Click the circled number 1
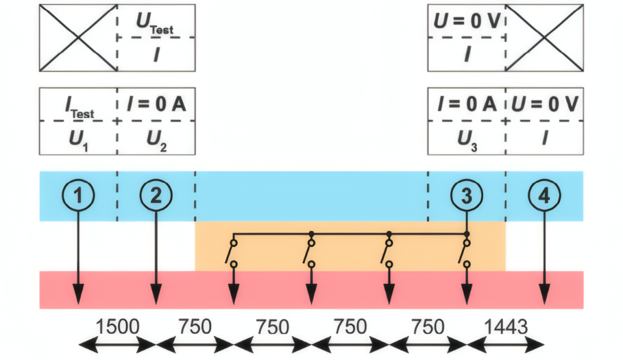(x=78, y=196)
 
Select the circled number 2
(x=156, y=196)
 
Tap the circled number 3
(x=467, y=196)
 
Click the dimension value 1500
(x=117, y=327)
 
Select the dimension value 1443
(x=505, y=327)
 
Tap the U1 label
(x=78, y=140)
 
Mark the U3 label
(x=467, y=140)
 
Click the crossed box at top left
(x=78, y=37)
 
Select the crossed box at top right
(x=544, y=37)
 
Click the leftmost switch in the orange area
(x=232, y=253)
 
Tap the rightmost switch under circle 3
(x=466, y=253)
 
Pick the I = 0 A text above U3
(x=467, y=105)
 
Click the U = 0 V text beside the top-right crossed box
(x=467, y=21)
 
